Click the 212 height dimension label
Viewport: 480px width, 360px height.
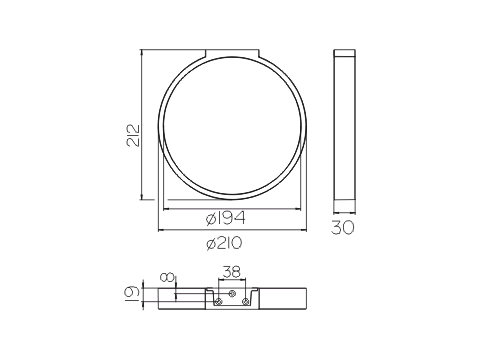(133, 135)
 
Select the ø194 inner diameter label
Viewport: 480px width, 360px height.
(226, 218)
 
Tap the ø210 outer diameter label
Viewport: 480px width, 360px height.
(224, 243)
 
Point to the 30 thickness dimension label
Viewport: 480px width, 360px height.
(343, 227)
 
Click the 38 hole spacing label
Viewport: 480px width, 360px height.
(232, 272)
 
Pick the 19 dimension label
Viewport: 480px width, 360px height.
(132, 293)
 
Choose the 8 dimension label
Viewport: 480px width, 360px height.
(167, 277)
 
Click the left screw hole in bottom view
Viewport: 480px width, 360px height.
(218, 302)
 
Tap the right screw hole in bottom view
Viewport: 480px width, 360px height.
(245, 302)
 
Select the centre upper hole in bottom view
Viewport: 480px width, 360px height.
(232, 293)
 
